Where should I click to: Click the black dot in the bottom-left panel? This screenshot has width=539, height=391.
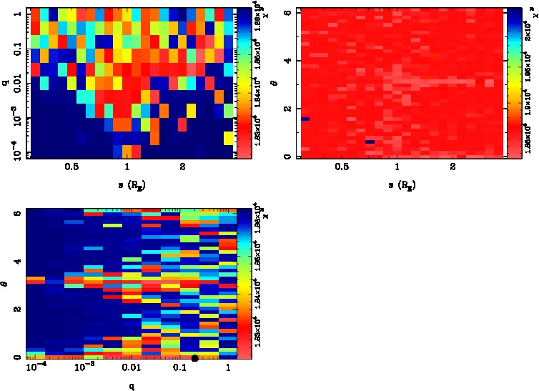tap(194, 357)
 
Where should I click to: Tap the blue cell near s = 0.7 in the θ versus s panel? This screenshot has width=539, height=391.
tap(370, 142)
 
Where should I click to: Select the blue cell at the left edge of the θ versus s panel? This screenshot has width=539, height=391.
tap(305, 119)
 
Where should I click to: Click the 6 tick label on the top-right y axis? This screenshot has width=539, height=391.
tap(287, 13)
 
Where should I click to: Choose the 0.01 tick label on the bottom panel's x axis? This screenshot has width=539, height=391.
tap(132, 368)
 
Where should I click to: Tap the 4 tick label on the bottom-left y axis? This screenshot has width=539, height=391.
tap(16, 262)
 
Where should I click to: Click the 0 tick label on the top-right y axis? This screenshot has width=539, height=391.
tap(287, 156)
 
